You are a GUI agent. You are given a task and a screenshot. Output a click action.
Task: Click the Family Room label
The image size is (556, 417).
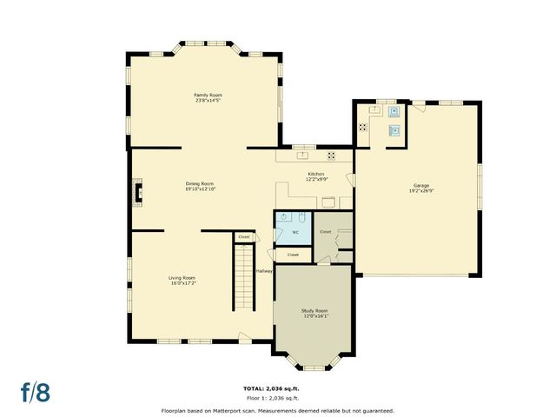tap(208, 94)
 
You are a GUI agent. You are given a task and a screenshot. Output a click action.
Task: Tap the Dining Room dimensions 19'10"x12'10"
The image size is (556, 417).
tap(200, 189)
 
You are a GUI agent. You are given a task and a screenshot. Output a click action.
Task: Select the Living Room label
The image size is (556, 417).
tap(182, 278)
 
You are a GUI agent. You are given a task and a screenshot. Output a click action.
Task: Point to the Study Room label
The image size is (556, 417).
tap(314, 310)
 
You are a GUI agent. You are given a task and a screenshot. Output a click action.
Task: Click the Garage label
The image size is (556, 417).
tap(421, 185)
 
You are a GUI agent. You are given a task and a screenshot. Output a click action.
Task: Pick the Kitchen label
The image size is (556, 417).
tap(316, 174)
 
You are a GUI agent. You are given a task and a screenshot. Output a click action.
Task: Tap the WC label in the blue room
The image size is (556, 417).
tap(295, 233)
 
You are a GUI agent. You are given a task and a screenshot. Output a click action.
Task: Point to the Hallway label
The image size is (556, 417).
tap(264, 271)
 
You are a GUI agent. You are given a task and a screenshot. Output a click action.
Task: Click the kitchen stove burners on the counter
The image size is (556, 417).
tap(331, 156)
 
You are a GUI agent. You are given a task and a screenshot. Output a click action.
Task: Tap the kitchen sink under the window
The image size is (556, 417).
tap(304, 156)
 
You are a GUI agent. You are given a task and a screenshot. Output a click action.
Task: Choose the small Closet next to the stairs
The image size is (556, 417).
tap(244, 237)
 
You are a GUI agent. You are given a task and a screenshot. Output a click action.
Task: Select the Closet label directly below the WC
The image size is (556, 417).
tap(293, 255)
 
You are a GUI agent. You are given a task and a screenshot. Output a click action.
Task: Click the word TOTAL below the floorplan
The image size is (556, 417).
tap(254, 387)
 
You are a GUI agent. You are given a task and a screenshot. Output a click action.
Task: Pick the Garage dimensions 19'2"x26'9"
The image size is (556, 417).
tap(421, 191)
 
